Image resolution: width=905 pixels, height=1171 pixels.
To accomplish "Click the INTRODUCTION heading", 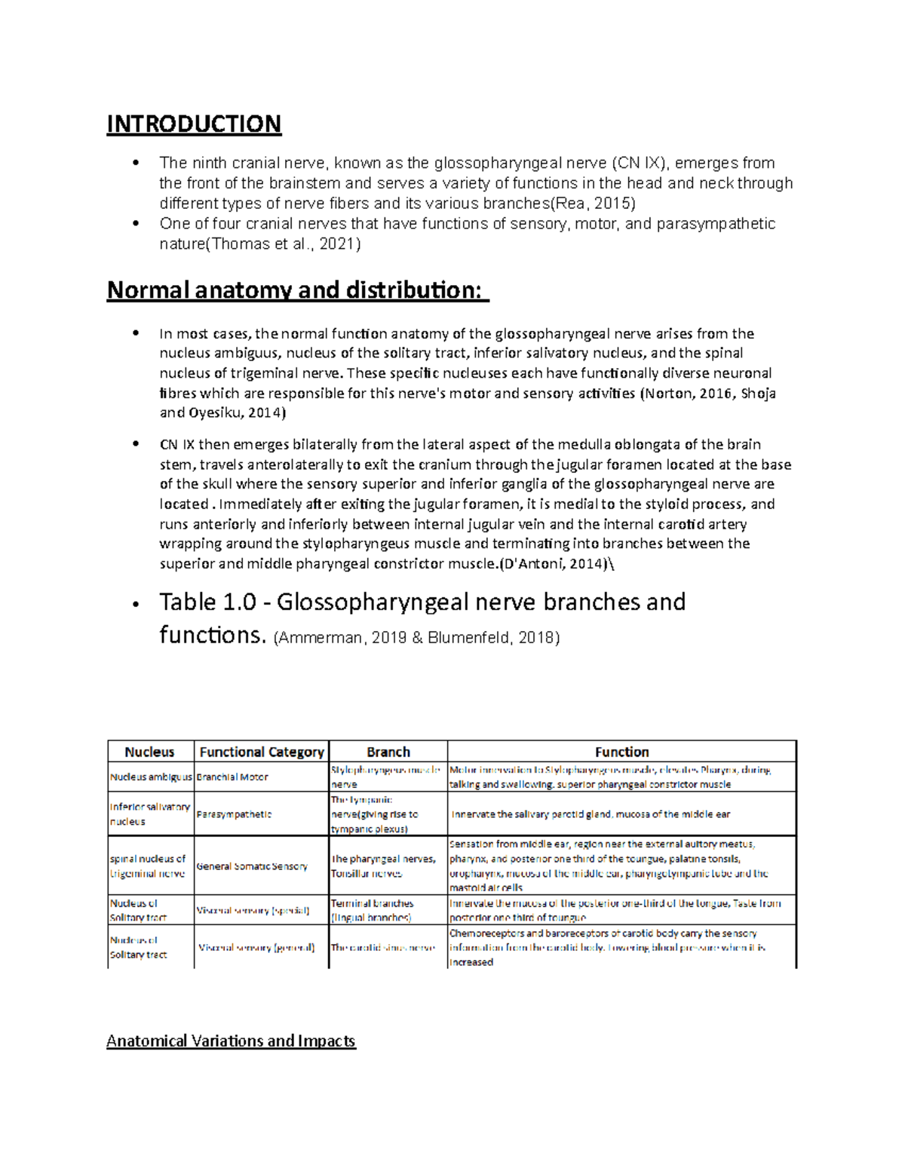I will point(194,124).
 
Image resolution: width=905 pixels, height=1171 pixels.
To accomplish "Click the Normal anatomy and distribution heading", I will point(294,290).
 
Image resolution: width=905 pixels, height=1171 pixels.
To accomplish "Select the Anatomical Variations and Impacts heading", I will point(231,1041).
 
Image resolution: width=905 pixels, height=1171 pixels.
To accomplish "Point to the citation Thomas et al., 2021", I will point(284,244).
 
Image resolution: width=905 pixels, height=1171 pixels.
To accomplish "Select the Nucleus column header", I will point(149,752).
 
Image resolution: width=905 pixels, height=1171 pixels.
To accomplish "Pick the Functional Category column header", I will point(262,752).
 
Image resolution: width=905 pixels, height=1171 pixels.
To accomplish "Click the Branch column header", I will point(388,752).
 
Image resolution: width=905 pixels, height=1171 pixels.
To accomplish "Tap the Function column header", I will point(621,752).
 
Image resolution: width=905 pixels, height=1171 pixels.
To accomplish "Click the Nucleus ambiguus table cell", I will point(151,777).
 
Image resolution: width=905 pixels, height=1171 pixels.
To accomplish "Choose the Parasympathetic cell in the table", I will point(234,814).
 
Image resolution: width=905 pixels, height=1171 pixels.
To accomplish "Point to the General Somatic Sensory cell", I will point(252,866).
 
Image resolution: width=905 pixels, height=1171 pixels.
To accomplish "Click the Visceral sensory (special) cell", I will point(253,910).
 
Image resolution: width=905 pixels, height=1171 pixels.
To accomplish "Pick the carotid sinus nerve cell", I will point(382,947).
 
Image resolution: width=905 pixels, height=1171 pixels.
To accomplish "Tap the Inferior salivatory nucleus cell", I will point(149,814).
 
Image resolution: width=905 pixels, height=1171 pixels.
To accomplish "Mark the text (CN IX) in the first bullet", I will point(640,163).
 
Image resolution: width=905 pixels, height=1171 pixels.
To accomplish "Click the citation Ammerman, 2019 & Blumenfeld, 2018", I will point(416,638).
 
